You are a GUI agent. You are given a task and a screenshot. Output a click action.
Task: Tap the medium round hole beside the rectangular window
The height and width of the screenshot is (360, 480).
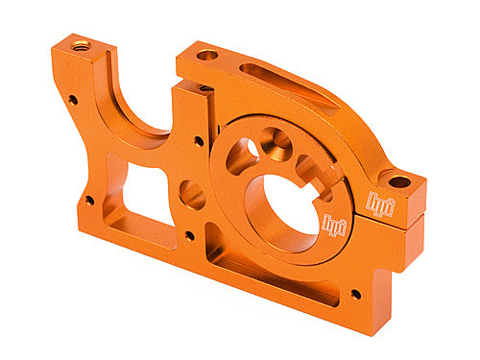click(192, 196)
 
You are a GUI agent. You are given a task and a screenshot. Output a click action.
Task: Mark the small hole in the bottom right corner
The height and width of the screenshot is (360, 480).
click(356, 294)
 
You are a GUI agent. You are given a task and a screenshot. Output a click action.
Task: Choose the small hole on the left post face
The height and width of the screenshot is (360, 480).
click(73, 99)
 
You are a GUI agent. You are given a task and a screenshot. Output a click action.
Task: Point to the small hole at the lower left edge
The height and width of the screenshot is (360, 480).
click(89, 201)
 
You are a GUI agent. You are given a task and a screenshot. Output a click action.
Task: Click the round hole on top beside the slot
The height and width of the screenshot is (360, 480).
click(207, 55)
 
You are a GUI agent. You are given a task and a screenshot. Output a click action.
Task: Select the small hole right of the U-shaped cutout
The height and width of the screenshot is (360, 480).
click(199, 141)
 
